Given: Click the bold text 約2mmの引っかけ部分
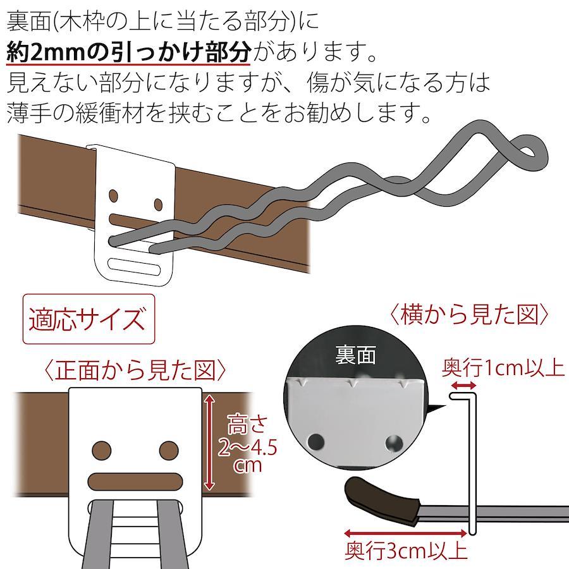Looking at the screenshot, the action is pos(129,52).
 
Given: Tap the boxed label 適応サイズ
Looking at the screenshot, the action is pos(89,319).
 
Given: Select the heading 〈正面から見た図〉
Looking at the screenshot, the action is pos(135,370).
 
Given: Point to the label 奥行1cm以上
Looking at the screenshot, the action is pos(503,367).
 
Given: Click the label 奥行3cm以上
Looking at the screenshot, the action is pos(406,551).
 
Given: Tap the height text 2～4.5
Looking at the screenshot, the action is pos(247,447).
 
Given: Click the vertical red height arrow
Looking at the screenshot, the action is pos(209,443).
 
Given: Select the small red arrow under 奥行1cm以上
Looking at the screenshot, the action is pos(463,386).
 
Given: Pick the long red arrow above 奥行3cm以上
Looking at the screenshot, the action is pos(405,533).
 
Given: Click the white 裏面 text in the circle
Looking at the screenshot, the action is pos(355,355).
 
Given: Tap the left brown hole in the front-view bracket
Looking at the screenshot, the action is pos(102,450).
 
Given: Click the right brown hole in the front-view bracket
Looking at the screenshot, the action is pos(169,450).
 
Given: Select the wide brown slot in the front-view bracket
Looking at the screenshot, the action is pos(135,482).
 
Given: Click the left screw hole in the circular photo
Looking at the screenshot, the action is pos(315,442).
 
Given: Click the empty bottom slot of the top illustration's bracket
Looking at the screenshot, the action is pos(134,267).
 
